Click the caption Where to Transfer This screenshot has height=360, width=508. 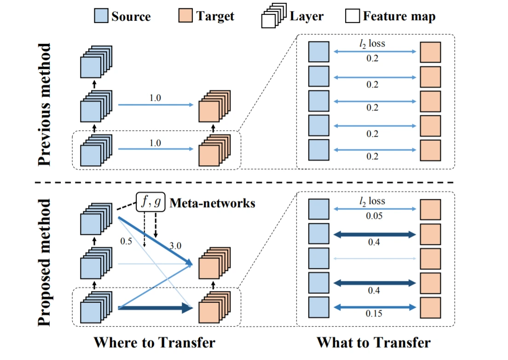(154, 343)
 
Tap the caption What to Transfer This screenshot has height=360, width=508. (373, 343)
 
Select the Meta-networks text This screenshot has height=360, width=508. (213, 203)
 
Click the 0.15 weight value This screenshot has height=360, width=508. (374, 314)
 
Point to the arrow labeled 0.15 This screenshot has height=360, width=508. (374, 306)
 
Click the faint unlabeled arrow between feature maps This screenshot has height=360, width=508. (374, 258)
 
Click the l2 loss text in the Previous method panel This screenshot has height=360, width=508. (374, 44)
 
